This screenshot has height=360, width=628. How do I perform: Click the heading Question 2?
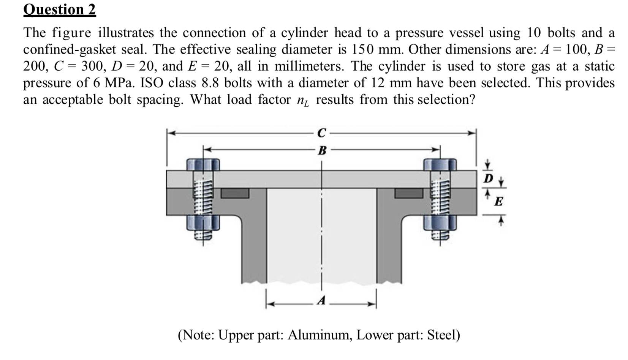pos(60,9)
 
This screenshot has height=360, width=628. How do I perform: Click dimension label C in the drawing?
pos(321,133)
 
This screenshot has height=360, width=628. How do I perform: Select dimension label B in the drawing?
pos(321,150)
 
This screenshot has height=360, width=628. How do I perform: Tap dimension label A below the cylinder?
pos(321,301)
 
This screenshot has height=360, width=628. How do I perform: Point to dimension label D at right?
pos(489,178)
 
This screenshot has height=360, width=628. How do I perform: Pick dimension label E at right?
pos(498,201)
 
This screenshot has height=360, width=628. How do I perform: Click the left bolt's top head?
pos(203,164)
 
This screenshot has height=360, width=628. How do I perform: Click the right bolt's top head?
pos(440,164)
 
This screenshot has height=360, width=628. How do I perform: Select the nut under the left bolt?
pos(203,223)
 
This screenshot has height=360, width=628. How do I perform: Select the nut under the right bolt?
pos(440,223)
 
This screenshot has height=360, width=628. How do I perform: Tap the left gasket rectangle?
pos(235,193)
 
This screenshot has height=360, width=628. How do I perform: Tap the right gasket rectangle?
pos(408,193)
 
